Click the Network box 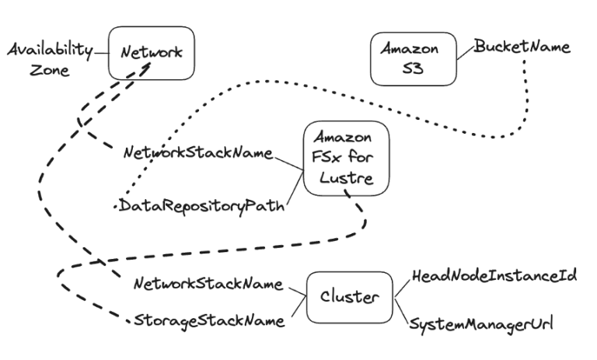150,52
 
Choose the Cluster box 350,296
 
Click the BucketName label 522,47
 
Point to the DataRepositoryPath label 200,208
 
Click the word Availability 48,50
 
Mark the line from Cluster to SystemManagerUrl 402,310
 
